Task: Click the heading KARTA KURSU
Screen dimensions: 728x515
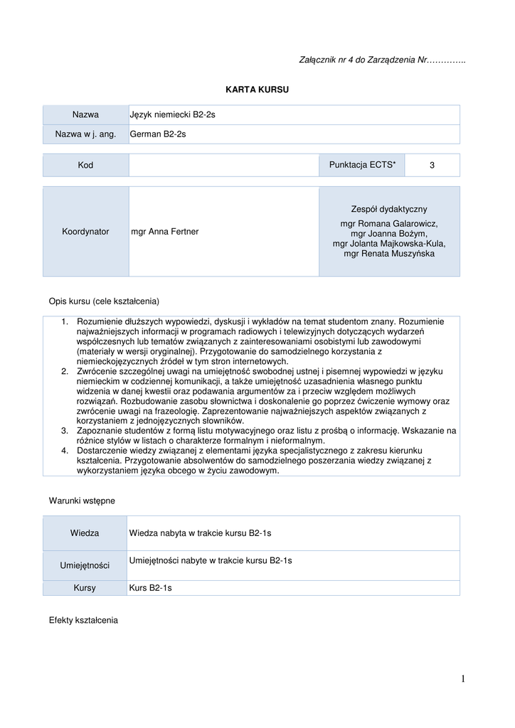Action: (257, 90)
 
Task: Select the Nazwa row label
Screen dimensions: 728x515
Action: (85, 114)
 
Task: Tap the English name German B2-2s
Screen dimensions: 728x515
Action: (158, 134)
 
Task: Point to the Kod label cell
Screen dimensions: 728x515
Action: (85, 165)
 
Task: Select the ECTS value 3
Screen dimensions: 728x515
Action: (432, 165)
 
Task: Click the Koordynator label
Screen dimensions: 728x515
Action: (85, 231)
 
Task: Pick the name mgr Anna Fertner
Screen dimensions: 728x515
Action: (165, 231)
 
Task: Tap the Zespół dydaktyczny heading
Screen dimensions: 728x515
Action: (389, 209)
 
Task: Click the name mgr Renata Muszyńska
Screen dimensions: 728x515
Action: (389, 253)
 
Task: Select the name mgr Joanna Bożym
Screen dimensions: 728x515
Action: (389, 233)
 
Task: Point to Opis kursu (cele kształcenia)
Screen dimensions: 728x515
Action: (104, 301)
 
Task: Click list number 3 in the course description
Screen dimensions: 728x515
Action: (64, 430)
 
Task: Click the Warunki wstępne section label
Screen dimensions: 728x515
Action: (82, 500)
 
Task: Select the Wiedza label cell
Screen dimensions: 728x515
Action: (85, 532)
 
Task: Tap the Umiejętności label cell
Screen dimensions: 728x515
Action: (85, 565)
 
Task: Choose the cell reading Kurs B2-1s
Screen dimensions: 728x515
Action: (151, 588)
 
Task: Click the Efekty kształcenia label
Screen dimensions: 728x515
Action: (83, 620)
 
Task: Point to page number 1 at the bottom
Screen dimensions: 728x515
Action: (462, 679)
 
